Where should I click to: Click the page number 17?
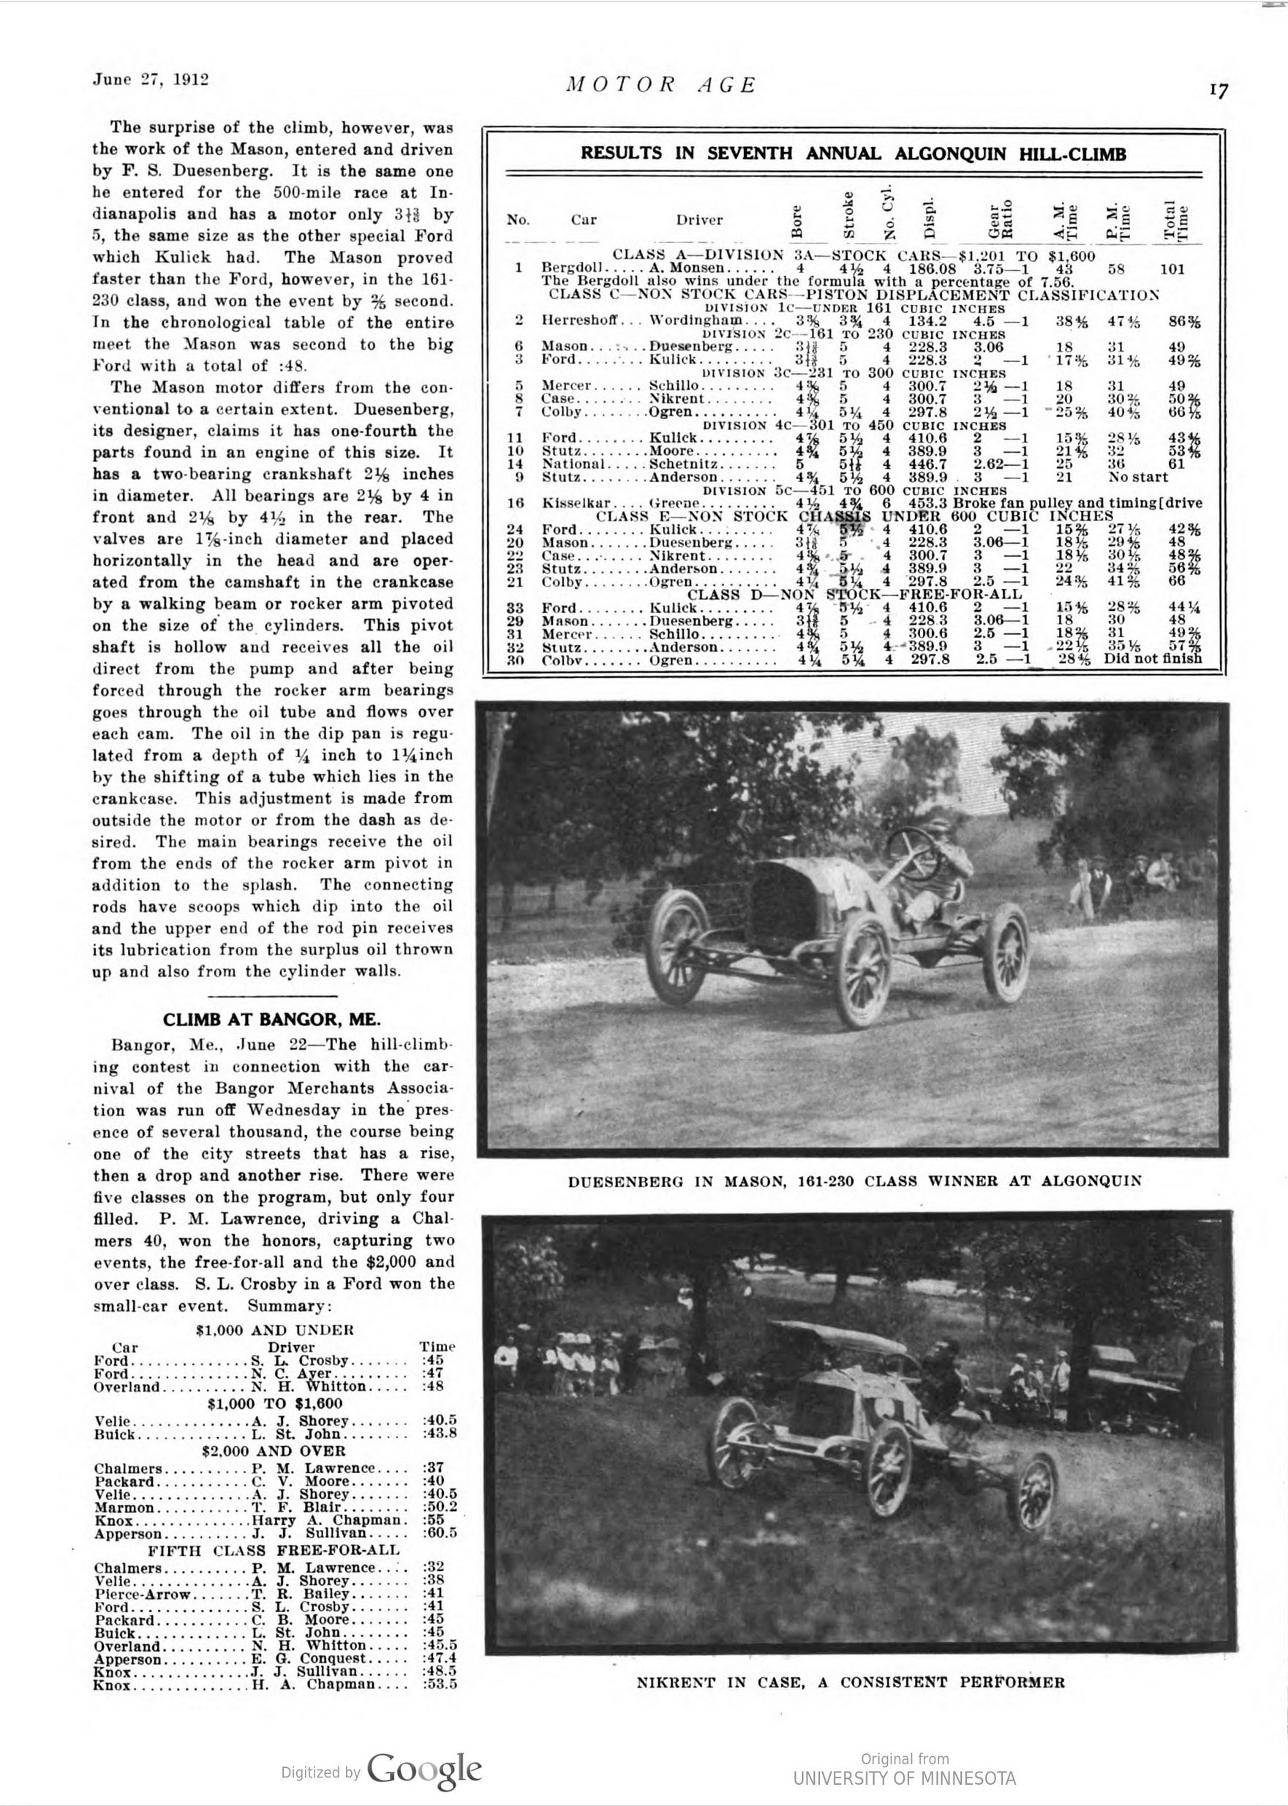[1219, 91]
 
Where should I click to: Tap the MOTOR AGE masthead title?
[661, 84]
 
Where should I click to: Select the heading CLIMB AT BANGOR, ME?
[271, 1019]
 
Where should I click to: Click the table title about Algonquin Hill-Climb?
[853, 154]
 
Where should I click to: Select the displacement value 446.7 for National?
[929, 464]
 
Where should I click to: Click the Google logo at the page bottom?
[424, 1769]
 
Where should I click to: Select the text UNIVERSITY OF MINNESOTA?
[904, 1778]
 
